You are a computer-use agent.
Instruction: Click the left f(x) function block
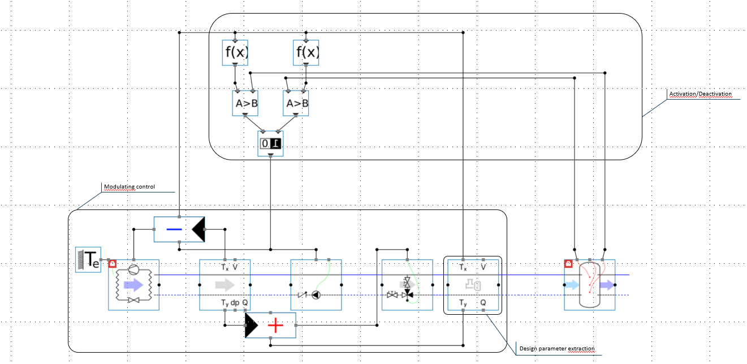pos(235,53)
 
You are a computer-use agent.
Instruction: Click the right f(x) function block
pos(306,53)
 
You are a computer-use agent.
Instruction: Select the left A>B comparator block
pos(245,103)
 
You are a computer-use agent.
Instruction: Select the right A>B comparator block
pos(296,103)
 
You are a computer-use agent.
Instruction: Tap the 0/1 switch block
pos(270,144)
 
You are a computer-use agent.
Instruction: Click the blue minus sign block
pos(173,229)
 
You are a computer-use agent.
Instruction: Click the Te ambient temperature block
pos(88,259)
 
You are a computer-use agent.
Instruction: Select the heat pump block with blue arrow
pos(133,285)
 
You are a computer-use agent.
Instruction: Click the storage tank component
pos(589,285)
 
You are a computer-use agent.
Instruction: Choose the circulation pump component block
pos(316,285)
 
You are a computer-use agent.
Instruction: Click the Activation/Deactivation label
pos(700,94)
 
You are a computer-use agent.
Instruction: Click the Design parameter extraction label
pos(556,348)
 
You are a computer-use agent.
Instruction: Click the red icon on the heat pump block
pos(112,263)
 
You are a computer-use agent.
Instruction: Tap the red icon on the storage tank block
pos(568,263)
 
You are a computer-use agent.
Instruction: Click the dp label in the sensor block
pos(235,303)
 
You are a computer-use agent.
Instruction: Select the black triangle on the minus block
pos(198,230)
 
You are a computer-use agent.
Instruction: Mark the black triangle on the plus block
pos(251,326)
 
